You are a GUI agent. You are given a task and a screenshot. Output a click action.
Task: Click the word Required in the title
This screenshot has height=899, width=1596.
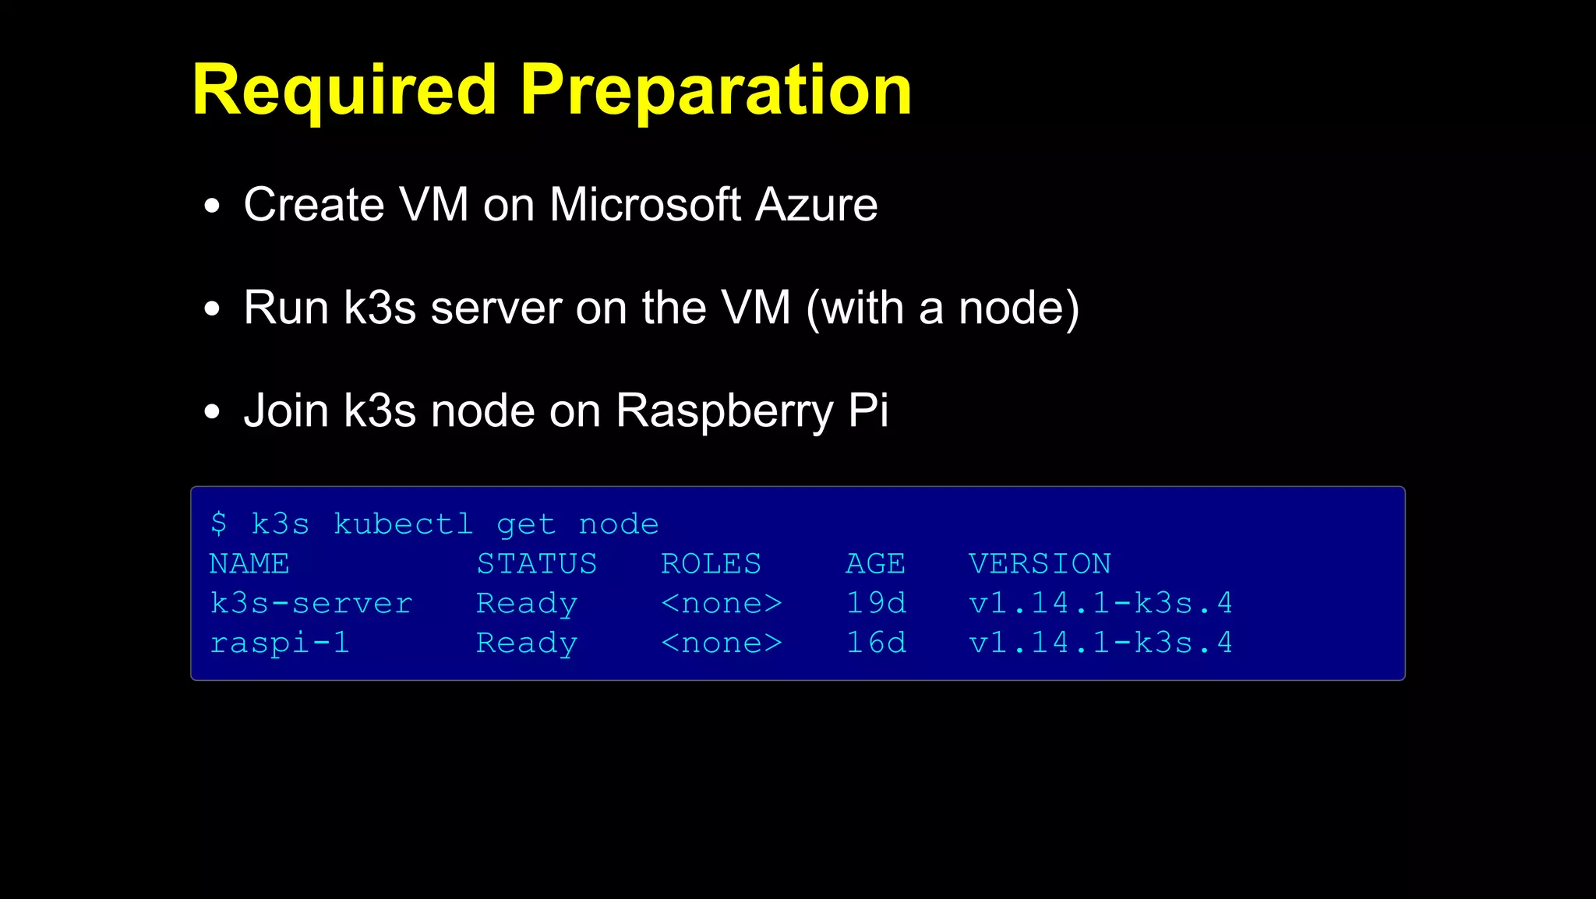tap(344, 90)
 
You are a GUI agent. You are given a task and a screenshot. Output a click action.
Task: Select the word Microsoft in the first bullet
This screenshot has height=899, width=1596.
tap(644, 205)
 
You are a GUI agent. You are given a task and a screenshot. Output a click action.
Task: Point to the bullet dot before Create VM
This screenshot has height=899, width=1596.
tap(212, 207)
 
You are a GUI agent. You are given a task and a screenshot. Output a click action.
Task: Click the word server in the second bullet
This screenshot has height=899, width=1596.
tap(496, 308)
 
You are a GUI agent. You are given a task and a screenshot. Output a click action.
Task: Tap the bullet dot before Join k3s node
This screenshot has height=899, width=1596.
tap(212, 413)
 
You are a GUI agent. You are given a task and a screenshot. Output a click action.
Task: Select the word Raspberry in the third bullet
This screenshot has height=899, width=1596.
tap(724, 411)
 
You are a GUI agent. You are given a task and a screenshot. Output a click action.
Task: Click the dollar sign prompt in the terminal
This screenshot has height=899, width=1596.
tap(219, 524)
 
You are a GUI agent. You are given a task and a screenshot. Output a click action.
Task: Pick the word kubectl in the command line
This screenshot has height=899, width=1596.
tap(403, 524)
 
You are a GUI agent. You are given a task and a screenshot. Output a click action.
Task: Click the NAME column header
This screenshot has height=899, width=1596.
tap(249, 563)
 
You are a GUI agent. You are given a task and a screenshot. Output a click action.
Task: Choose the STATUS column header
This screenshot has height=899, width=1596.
tap(537, 563)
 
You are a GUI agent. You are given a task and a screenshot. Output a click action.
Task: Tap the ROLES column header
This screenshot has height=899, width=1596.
tap(711, 563)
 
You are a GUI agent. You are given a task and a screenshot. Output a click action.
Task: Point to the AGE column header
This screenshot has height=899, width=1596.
tap(875, 563)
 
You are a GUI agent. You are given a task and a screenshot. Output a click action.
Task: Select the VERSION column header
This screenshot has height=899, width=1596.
tap(1040, 563)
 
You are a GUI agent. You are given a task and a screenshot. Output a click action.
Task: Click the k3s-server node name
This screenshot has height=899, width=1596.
tap(311, 603)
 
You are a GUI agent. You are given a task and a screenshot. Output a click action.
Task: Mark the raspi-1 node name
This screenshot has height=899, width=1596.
tap(280, 643)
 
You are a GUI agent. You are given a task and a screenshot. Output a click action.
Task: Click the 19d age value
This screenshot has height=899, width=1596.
tap(876, 603)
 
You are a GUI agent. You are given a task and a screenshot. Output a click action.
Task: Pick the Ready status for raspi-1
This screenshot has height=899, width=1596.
tap(527, 643)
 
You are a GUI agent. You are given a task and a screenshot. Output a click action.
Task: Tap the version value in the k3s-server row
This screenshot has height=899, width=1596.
tap(1100, 603)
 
